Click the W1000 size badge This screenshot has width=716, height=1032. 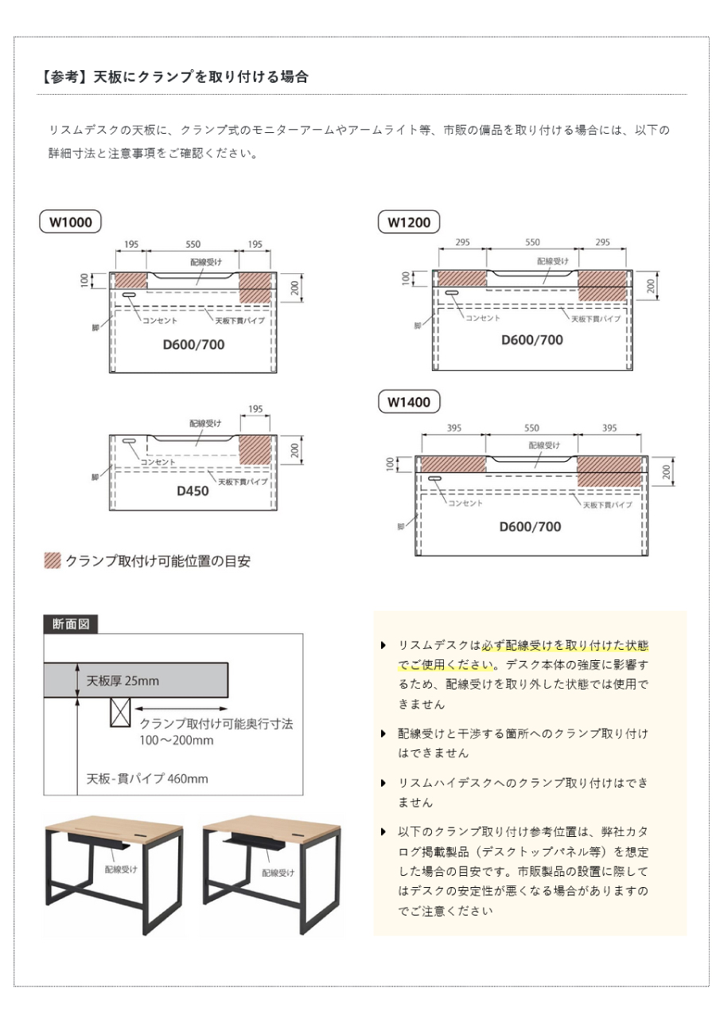click(x=71, y=222)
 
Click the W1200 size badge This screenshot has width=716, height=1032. click(x=409, y=222)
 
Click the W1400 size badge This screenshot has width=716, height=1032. click(x=409, y=402)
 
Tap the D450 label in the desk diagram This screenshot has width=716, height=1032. click(x=193, y=491)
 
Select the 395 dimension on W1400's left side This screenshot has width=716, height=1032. click(x=453, y=428)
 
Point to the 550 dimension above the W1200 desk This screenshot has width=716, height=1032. click(x=532, y=242)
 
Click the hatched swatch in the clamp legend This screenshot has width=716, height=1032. click(x=53, y=561)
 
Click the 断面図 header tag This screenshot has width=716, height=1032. click(x=71, y=624)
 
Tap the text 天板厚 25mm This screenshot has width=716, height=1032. click(x=123, y=681)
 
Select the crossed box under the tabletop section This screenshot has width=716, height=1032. click(x=120, y=713)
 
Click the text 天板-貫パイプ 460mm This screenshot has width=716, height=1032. click(x=147, y=779)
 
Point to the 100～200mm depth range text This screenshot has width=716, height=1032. click(x=177, y=741)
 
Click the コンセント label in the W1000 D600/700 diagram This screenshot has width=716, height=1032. click(x=159, y=320)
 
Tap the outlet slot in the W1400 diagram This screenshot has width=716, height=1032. click(x=434, y=479)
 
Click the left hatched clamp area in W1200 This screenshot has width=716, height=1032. click(x=462, y=278)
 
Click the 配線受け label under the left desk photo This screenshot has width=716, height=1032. click(x=121, y=869)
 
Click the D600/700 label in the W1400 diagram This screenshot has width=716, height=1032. click(x=530, y=526)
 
